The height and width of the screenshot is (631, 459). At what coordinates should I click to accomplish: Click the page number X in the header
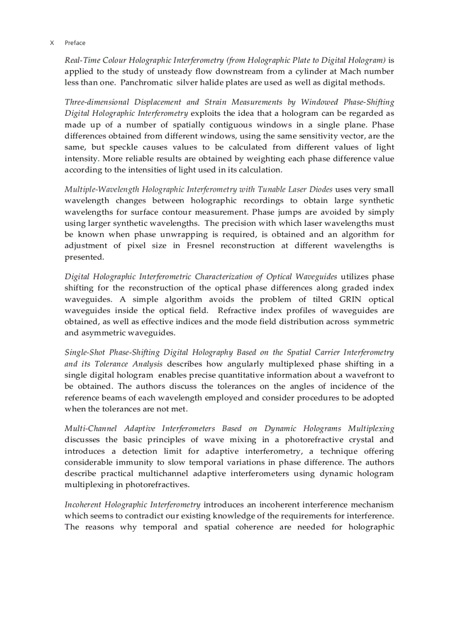(x=52, y=43)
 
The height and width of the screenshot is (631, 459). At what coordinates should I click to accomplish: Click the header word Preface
(x=75, y=43)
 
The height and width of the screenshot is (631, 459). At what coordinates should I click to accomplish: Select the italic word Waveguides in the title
(x=316, y=276)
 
